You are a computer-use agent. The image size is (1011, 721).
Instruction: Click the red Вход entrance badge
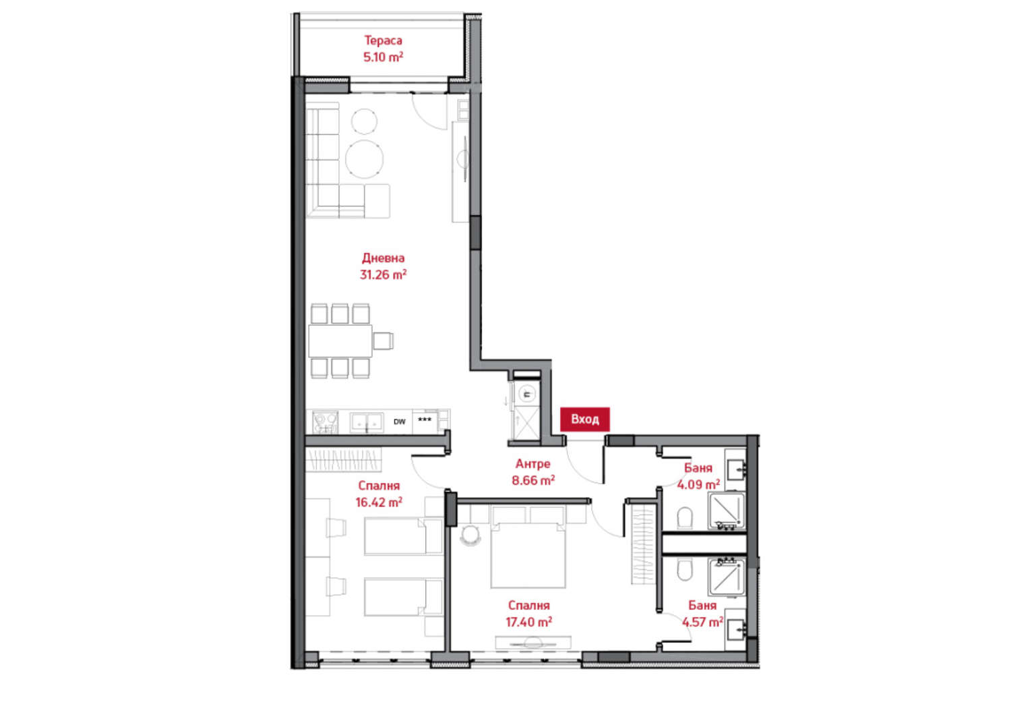pyautogui.click(x=585, y=420)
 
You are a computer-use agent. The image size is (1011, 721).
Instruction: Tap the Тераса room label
pyautogui.click(x=384, y=40)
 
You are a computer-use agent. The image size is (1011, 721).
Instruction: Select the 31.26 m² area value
pyautogui.click(x=383, y=275)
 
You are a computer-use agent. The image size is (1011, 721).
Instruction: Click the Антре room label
pyautogui.click(x=533, y=464)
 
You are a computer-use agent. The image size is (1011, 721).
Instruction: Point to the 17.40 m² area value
pyautogui.click(x=528, y=622)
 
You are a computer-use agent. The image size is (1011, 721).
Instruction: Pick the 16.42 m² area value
pyautogui.click(x=379, y=502)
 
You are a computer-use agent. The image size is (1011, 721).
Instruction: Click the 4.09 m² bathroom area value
pyautogui.click(x=698, y=485)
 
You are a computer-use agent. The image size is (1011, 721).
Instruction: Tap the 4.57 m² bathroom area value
pyautogui.click(x=703, y=622)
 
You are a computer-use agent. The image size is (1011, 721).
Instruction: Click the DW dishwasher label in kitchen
pyautogui.click(x=400, y=422)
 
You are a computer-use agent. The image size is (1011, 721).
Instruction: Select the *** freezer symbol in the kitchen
pyautogui.click(x=425, y=420)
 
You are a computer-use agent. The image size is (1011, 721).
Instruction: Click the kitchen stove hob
pyautogui.click(x=325, y=422)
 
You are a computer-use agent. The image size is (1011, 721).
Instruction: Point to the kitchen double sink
pyautogui.click(x=367, y=422)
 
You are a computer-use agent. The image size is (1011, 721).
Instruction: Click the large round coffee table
pyautogui.click(x=364, y=158)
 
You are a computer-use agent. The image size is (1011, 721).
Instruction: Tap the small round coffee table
pyautogui.click(x=364, y=121)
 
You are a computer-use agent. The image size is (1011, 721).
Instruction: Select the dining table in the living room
pyautogui.click(x=341, y=341)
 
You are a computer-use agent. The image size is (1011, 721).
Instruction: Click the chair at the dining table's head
pyautogui.click(x=383, y=341)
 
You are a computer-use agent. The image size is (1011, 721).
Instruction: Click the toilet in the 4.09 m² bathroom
pyautogui.click(x=685, y=518)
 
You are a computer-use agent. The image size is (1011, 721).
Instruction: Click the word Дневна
pyautogui.click(x=384, y=258)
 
